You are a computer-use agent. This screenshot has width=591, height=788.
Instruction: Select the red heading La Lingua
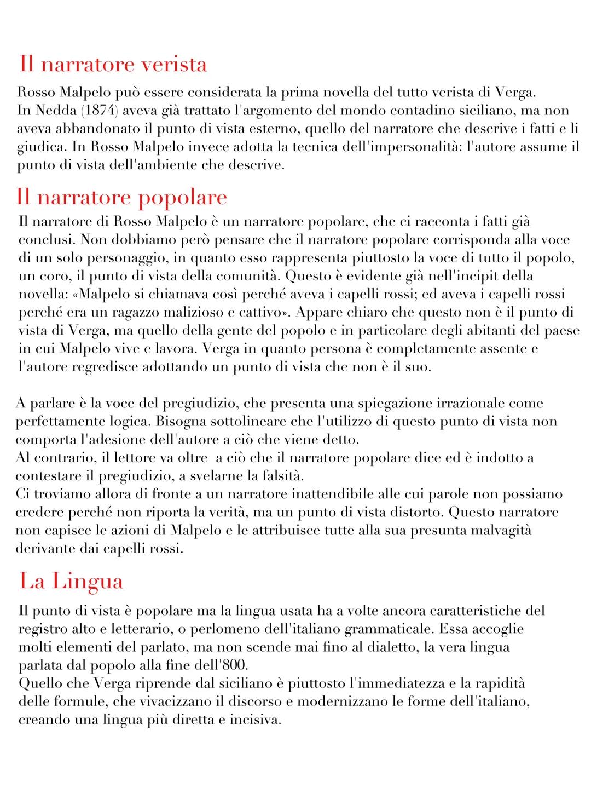[71, 581]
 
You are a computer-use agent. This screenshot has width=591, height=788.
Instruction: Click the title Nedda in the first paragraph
[54, 110]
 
